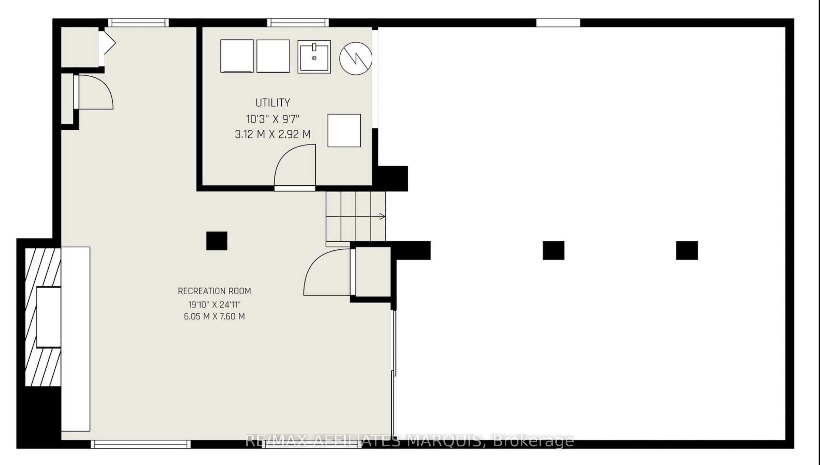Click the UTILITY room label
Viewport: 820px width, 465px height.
pyautogui.click(x=273, y=102)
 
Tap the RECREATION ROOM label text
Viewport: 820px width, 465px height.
pyautogui.click(x=214, y=291)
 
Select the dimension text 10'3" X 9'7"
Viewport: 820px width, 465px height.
pyautogui.click(x=273, y=119)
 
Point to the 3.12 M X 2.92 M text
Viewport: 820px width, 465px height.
pyautogui.click(x=273, y=134)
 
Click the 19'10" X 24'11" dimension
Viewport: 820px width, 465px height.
pyautogui.click(x=214, y=304)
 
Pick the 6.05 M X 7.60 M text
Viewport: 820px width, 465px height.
pyautogui.click(x=214, y=316)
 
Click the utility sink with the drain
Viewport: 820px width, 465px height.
pyautogui.click(x=314, y=57)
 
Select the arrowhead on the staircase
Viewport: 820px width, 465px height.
pyautogui.click(x=382, y=216)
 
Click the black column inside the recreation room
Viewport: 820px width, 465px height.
pyautogui.click(x=217, y=241)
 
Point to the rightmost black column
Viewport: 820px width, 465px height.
pyautogui.click(x=687, y=250)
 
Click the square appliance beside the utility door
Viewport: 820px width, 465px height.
pyautogui.click(x=344, y=130)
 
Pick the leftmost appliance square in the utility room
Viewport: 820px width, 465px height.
pyautogui.click(x=237, y=56)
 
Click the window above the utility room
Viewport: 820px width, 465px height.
pyautogui.click(x=298, y=23)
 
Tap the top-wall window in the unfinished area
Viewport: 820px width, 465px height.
pyautogui.click(x=558, y=23)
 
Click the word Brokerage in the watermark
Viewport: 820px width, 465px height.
pyautogui.click(x=534, y=441)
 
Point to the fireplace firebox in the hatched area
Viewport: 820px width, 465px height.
pyautogui.click(x=49, y=317)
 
